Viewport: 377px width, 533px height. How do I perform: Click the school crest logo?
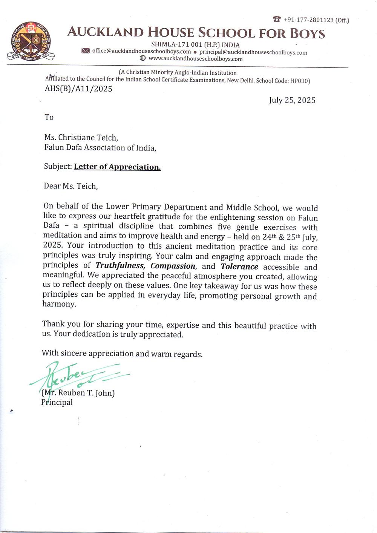point(31,42)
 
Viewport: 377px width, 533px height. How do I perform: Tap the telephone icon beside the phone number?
point(277,19)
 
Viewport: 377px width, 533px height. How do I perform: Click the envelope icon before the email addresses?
point(86,51)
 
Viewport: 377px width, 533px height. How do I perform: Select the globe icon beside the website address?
point(143,58)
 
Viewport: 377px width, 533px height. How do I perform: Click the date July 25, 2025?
point(292,100)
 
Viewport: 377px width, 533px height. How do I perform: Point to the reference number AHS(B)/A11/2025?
point(78,89)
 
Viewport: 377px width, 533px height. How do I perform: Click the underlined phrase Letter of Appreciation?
point(117,167)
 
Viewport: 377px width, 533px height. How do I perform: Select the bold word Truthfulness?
point(120,266)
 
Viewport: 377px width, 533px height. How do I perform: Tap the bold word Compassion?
point(173,266)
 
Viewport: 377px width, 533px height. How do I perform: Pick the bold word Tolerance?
point(239,267)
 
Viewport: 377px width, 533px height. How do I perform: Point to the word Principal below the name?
point(57,403)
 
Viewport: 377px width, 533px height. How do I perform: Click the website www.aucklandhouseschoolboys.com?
point(195,59)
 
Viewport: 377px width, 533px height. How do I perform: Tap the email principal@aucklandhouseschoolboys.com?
point(253,52)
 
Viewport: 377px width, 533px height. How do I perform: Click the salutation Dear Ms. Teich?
point(70,186)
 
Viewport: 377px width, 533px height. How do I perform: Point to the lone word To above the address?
point(49,117)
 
